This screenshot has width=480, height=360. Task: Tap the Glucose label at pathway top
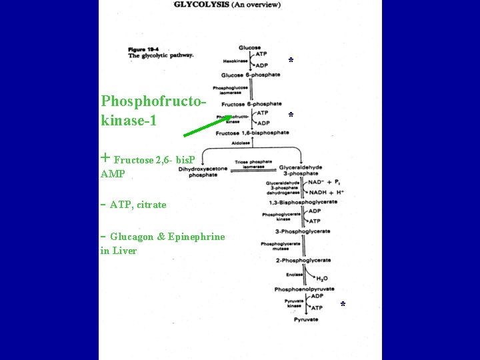click(249, 47)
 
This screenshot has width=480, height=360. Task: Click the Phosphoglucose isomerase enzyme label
click(230, 90)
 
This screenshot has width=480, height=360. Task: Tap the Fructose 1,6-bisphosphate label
click(252, 133)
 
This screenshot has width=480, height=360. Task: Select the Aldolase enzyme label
click(236, 143)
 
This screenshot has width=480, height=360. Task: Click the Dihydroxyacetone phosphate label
click(203, 172)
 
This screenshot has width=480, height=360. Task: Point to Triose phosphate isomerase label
click(253, 164)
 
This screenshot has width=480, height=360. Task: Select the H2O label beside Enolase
click(321, 278)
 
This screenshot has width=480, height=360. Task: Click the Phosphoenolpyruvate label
click(304, 289)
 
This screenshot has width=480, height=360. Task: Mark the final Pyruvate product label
click(306, 320)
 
